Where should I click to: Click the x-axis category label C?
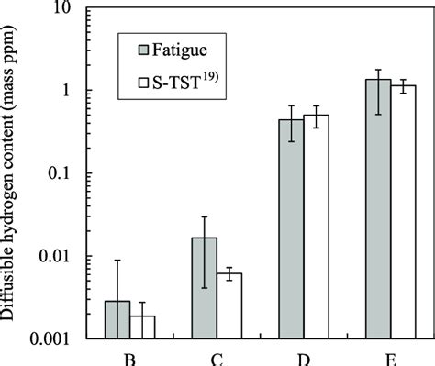[217, 360]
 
